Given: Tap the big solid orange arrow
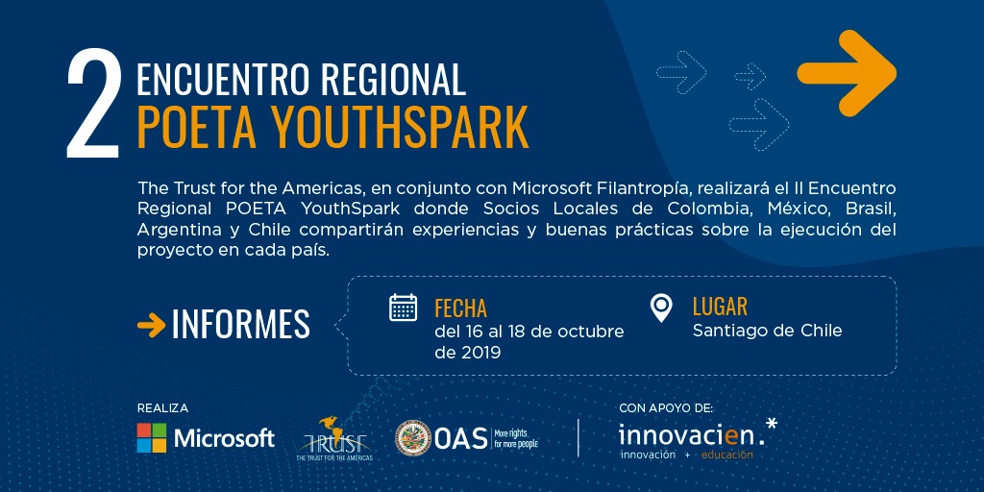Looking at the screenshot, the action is (x=847, y=73).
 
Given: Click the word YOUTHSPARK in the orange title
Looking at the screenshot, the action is (x=400, y=128).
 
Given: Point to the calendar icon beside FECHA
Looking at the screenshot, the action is (x=403, y=307).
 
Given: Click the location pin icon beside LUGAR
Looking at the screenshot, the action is (x=661, y=308).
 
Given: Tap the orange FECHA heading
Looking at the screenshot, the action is (x=460, y=308).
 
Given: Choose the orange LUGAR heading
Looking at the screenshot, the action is (x=720, y=307).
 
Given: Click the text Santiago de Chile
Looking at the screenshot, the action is (x=767, y=331).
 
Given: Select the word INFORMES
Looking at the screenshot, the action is (x=241, y=324).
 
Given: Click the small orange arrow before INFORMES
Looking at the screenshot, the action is (x=151, y=325).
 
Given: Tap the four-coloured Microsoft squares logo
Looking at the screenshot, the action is (x=152, y=438).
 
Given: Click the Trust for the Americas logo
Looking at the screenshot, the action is (x=334, y=439).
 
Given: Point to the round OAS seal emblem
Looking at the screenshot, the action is (x=413, y=437).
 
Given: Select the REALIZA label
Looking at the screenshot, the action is (x=162, y=408).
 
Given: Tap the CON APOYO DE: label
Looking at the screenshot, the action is (x=666, y=408).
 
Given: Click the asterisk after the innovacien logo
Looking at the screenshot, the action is (x=772, y=424).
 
